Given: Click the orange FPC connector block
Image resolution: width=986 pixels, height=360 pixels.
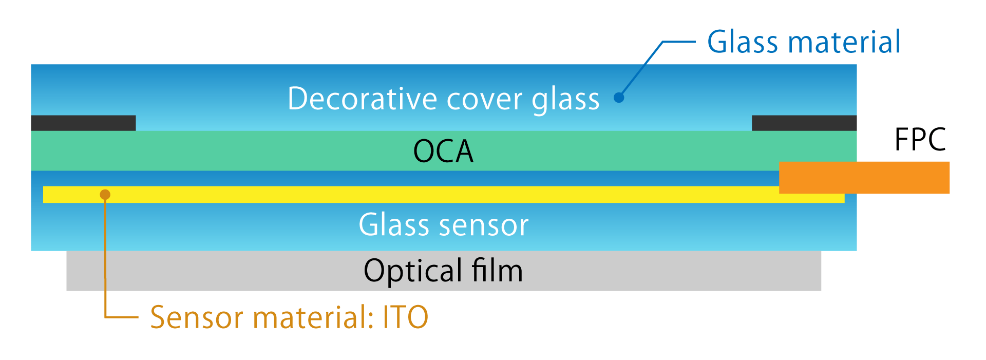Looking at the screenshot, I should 864,178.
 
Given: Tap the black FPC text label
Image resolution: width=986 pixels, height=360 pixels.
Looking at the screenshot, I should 920,139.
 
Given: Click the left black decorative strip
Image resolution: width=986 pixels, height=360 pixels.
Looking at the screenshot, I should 83,123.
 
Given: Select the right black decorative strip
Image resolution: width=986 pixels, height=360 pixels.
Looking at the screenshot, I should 804,123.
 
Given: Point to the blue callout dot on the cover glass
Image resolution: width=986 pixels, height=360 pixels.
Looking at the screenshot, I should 619,98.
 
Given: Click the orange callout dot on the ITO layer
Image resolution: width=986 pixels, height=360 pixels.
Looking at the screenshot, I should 105,195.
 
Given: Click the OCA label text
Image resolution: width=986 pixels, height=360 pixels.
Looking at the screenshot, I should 443,151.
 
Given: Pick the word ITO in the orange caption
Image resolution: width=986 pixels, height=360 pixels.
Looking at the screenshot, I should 405,317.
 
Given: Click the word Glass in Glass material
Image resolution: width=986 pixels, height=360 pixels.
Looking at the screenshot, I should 743,42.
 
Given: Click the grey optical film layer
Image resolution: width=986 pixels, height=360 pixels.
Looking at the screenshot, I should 205,271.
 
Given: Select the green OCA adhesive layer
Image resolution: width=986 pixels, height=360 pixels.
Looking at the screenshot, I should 257,150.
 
